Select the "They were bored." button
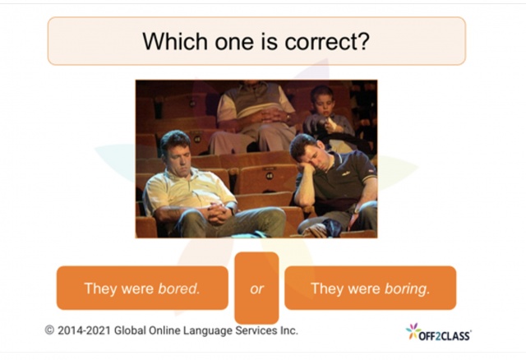(142, 288)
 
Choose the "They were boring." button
(370, 288)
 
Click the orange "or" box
(256, 288)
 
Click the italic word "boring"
(407, 288)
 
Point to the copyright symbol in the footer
(50, 330)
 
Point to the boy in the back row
(324, 111)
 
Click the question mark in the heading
(362, 41)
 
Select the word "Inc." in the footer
(285, 330)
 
